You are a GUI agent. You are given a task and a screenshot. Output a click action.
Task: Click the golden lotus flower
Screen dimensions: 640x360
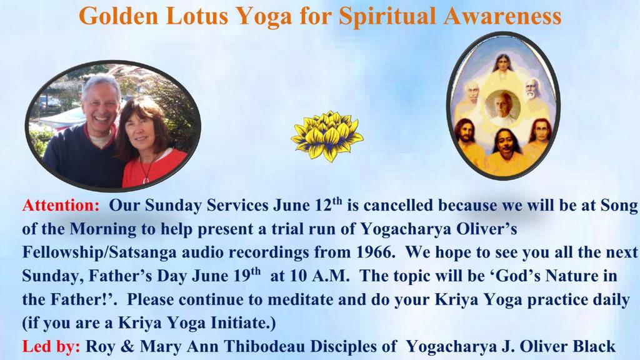tap(327, 136)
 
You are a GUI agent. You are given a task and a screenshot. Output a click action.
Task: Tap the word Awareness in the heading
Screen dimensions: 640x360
tap(502, 16)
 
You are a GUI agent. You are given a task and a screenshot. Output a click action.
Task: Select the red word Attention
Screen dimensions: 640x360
tap(61, 205)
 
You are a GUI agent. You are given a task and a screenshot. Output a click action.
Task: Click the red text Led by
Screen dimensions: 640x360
tap(51, 346)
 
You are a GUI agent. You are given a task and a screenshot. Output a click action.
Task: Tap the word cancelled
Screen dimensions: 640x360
tap(397, 205)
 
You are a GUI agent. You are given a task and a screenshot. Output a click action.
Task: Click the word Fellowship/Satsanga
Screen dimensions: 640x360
tap(99, 252)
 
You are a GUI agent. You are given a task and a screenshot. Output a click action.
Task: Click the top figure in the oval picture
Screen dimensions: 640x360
tap(503, 65)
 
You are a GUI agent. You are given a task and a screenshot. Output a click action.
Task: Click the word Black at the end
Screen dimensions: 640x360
tap(594, 346)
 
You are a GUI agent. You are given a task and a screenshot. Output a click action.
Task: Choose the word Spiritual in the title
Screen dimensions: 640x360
tap(388, 16)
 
